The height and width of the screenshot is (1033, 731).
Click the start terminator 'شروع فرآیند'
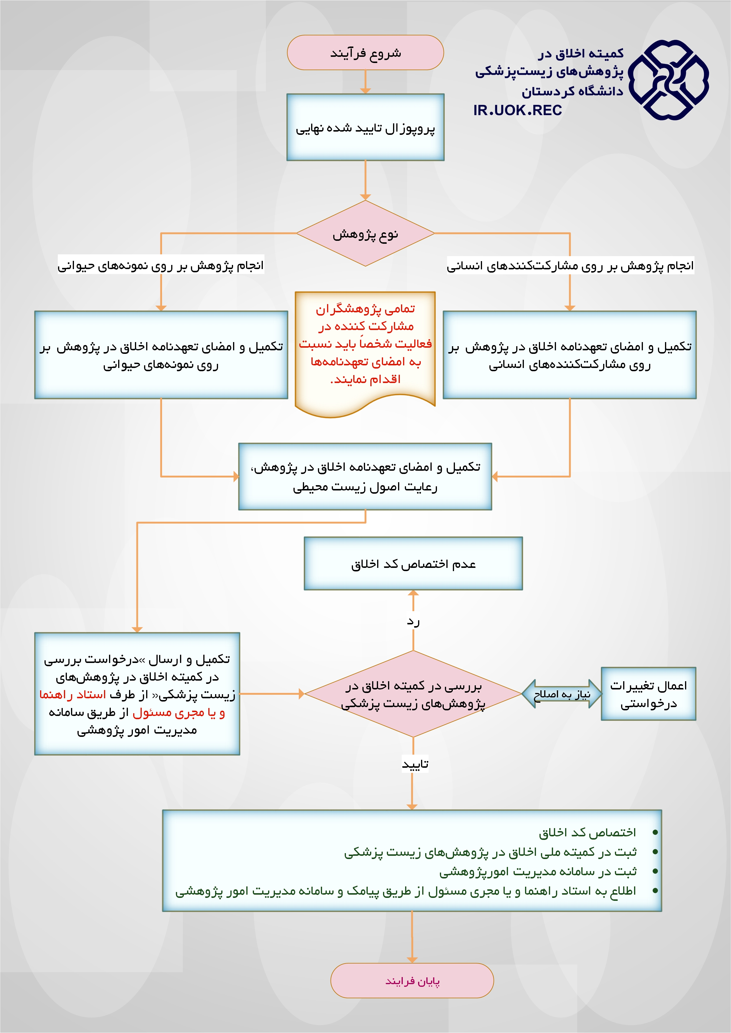[x=365, y=53]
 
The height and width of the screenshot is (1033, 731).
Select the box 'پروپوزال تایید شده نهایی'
[x=365, y=127]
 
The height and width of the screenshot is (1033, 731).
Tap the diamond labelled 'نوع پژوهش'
[x=365, y=233]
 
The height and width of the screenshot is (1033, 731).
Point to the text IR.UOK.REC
[x=517, y=110]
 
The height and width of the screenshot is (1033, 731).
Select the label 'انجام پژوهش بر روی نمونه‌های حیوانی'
[x=161, y=266]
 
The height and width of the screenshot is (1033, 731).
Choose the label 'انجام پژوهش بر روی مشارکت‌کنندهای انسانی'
[x=570, y=266]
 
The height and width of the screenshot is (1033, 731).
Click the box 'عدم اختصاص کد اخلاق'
[x=413, y=564]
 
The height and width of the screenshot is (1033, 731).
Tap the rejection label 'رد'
[x=413, y=622]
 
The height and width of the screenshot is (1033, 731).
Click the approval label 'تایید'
[x=415, y=764]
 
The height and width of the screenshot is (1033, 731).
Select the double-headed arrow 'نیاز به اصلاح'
[x=562, y=694]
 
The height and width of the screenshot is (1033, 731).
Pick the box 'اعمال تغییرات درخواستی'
[x=648, y=694]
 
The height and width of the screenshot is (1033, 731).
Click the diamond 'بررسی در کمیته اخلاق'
[x=413, y=694]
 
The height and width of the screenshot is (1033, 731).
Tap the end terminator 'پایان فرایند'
[x=412, y=981]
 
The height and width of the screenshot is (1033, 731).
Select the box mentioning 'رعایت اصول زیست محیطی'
[x=365, y=476]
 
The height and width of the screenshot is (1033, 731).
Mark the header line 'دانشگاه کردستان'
[x=572, y=91]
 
